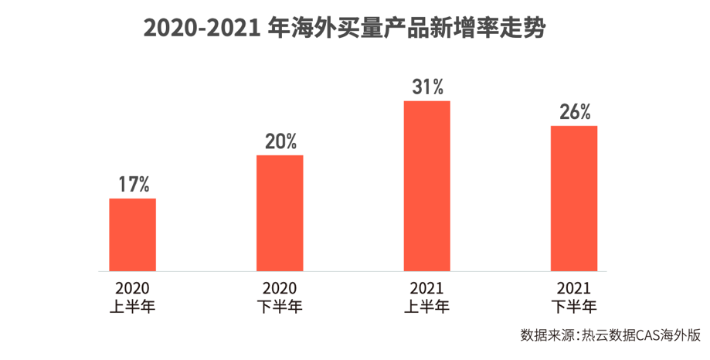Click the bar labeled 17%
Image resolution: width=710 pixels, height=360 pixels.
pyautogui.click(x=132, y=235)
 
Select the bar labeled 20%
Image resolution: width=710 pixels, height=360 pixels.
pyautogui.click(x=280, y=213)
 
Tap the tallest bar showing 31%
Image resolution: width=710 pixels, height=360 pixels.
pyautogui.click(x=427, y=186)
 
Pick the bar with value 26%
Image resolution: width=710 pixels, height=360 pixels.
pyautogui.click(x=574, y=199)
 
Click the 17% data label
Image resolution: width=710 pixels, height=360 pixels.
pyautogui.click(x=133, y=185)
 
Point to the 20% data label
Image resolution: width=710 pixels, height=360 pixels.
pyautogui.click(x=280, y=141)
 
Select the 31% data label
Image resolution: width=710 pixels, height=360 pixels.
pyautogui.click(x=427, y=87)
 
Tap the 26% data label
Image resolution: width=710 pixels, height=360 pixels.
pyautogui.click(x=575, y=112)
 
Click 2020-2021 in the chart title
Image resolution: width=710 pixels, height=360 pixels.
pyautogui.click(x=202, y=29)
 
